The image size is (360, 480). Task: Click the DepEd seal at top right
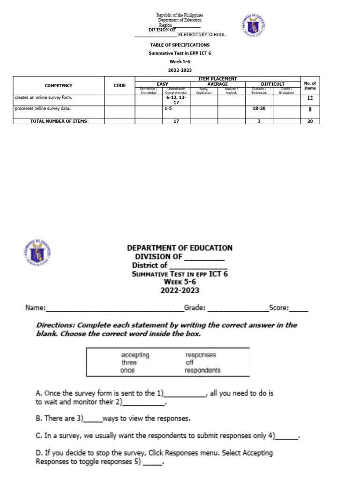[x=254, y=25]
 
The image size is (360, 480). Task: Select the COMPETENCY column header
[x=59, y=86]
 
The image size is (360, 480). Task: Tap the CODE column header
[x=120, y=86]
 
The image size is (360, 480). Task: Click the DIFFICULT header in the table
[x=272, y=84]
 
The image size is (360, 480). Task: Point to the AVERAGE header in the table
[x=217, y=84]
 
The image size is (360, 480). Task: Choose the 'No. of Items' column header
[x=310, y=86]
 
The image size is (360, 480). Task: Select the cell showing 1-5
[x=168, y=108]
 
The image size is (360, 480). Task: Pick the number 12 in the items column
[x=310, y=99]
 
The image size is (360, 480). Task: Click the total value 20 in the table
[x=310, y=121]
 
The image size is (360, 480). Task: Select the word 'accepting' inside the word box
[x=135, y=355]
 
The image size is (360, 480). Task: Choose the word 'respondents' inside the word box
[x=202, y=370]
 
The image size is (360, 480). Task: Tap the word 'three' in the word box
[x=129, y=362]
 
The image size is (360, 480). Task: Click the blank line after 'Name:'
[x=114, y=309]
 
